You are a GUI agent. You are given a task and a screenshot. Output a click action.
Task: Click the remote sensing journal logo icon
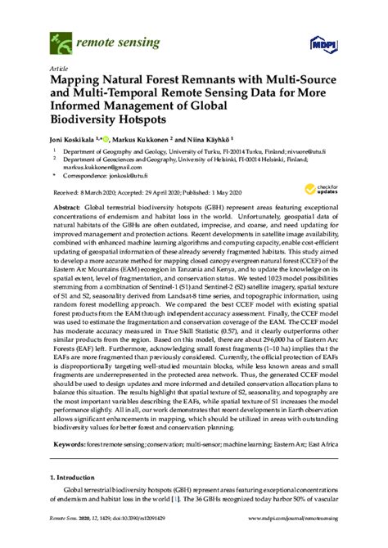60,37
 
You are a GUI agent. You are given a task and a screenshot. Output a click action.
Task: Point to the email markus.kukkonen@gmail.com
98,167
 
